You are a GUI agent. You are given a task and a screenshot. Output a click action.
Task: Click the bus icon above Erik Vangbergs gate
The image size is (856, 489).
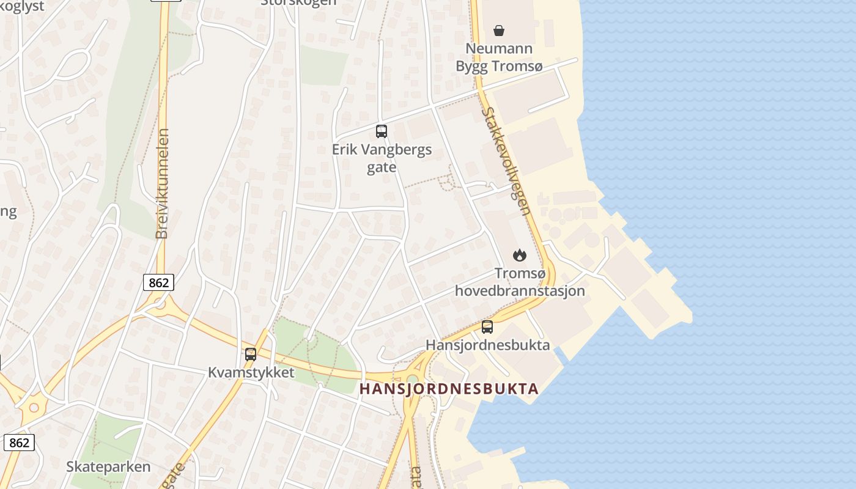click(382, 131)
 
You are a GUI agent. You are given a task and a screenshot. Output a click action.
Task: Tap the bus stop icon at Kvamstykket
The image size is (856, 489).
click(251, 354)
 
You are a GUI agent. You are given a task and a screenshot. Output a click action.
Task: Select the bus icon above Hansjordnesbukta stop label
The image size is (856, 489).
click(487, 327)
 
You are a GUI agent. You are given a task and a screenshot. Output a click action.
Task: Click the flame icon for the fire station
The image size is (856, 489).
click(520, 255)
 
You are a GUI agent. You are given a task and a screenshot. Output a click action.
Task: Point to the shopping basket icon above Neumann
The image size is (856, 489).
click(499, 31)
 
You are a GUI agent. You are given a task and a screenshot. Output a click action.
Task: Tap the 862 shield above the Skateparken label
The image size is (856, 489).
click(19, 443)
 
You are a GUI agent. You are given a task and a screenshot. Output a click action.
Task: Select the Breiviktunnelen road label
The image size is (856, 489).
click(162, 183)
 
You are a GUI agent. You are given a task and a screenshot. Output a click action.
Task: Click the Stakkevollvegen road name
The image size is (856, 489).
click(506, 161)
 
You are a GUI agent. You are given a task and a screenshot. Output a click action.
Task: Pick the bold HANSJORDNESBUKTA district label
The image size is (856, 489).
click(449, 389)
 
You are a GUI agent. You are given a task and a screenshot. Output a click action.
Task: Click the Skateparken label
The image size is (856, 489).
click(108, 467)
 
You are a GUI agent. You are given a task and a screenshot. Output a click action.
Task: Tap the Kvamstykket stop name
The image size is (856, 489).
click(251, 372)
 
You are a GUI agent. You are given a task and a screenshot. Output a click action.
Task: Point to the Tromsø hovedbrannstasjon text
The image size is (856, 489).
click(520, 282)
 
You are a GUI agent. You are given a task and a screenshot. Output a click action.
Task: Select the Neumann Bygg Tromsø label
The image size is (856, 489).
click(499, 57)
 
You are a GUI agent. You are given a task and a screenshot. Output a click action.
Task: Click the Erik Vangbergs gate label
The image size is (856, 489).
click(382, 158)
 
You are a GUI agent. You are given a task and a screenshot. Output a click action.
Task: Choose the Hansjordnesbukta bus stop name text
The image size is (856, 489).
click(487, 345)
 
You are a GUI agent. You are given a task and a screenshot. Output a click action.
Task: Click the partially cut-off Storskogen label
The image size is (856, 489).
click(298, 2)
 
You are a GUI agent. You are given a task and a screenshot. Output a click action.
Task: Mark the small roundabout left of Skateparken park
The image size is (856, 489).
click(34, 408)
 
